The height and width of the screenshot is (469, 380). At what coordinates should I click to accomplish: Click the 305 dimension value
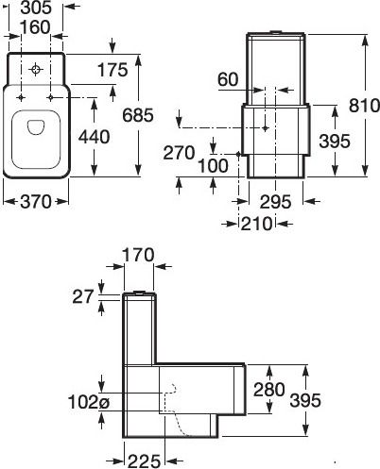pos(36,8)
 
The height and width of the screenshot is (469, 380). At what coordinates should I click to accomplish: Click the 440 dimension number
pos(94,137)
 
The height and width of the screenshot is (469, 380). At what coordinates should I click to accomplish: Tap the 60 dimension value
pos(229,80)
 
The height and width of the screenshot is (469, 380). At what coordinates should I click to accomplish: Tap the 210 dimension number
pos(255,223)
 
